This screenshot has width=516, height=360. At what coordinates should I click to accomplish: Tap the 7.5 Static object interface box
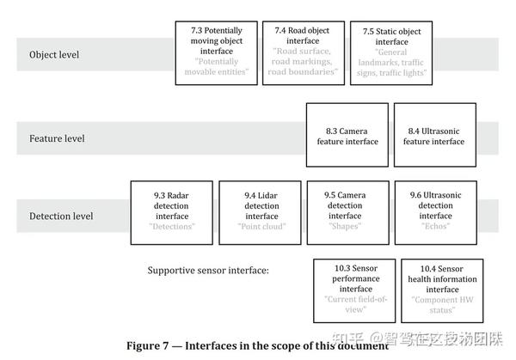[390, 52]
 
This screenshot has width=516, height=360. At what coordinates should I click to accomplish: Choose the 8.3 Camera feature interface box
[346, 135]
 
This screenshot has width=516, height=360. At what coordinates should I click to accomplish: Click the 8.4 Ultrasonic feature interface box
[433, 135]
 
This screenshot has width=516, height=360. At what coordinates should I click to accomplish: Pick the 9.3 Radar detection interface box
[171, 211]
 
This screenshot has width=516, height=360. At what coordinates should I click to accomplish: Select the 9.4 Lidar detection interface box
[260, 211]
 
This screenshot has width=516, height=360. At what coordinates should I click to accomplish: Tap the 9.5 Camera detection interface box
[346, 211]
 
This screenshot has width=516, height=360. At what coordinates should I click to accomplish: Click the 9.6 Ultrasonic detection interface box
[433, 211]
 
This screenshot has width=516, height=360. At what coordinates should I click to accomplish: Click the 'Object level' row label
[54, 55]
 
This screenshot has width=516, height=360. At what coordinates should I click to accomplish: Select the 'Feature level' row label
[57, 138]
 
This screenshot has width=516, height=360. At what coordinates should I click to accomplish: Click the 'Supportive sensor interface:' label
[207, 271]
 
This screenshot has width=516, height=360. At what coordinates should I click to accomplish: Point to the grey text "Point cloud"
[261, 227]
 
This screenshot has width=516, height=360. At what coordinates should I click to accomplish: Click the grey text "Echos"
[433, 227]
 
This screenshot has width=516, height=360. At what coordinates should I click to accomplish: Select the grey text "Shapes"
[344, 227]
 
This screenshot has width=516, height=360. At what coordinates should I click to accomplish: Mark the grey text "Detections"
[171, 227]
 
